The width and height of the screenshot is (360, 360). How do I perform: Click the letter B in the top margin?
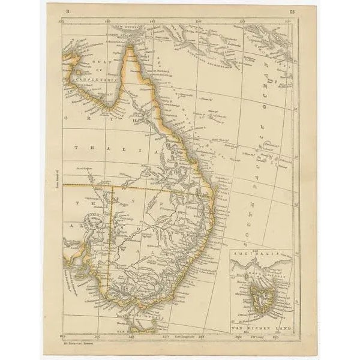[68, 11]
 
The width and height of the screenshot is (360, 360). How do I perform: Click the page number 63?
[292, 11]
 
